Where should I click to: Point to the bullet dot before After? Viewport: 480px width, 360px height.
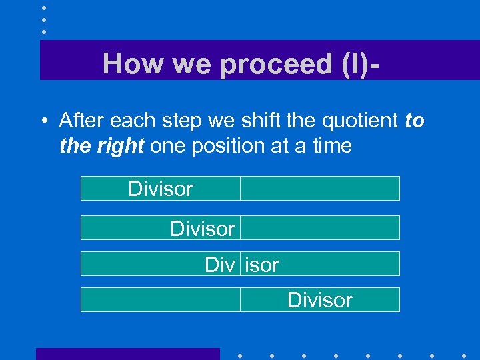tap(42, 121)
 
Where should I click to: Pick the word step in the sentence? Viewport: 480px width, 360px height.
tap(183, 121)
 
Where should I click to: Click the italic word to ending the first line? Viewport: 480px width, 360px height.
tap(414, 121)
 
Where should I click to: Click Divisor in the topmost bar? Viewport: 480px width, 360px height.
tap(160, 189)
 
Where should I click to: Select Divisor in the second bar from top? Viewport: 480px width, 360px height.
tap(202, 229)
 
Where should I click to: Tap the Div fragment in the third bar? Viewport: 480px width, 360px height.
tap(219, 265)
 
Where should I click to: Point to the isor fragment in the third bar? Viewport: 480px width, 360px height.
tap(262, 265)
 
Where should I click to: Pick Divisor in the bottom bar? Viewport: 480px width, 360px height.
tap(319, 300)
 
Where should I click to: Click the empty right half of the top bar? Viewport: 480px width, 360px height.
tap(319, 189)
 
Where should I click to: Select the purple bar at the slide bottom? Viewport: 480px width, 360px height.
tap(127, 353)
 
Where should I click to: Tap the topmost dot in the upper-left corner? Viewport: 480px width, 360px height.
tap(43, 7)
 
